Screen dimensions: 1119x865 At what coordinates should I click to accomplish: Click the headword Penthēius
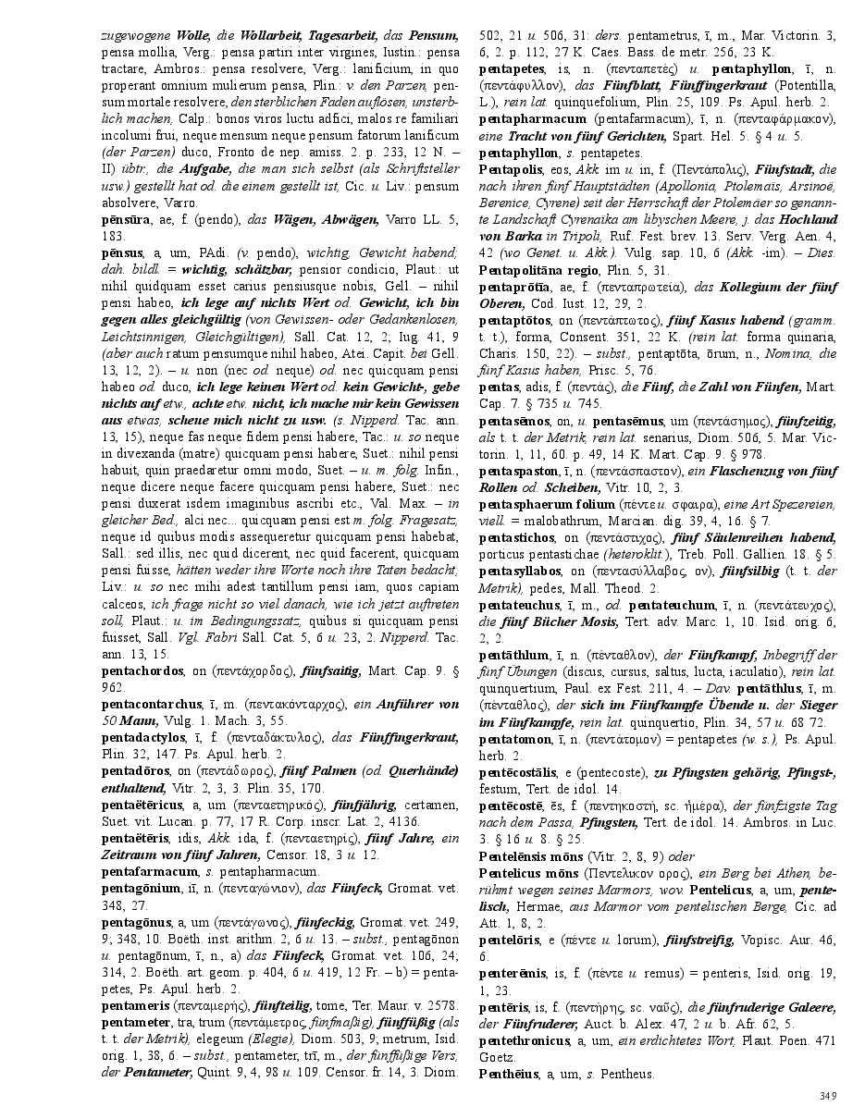pos(506,1074)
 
